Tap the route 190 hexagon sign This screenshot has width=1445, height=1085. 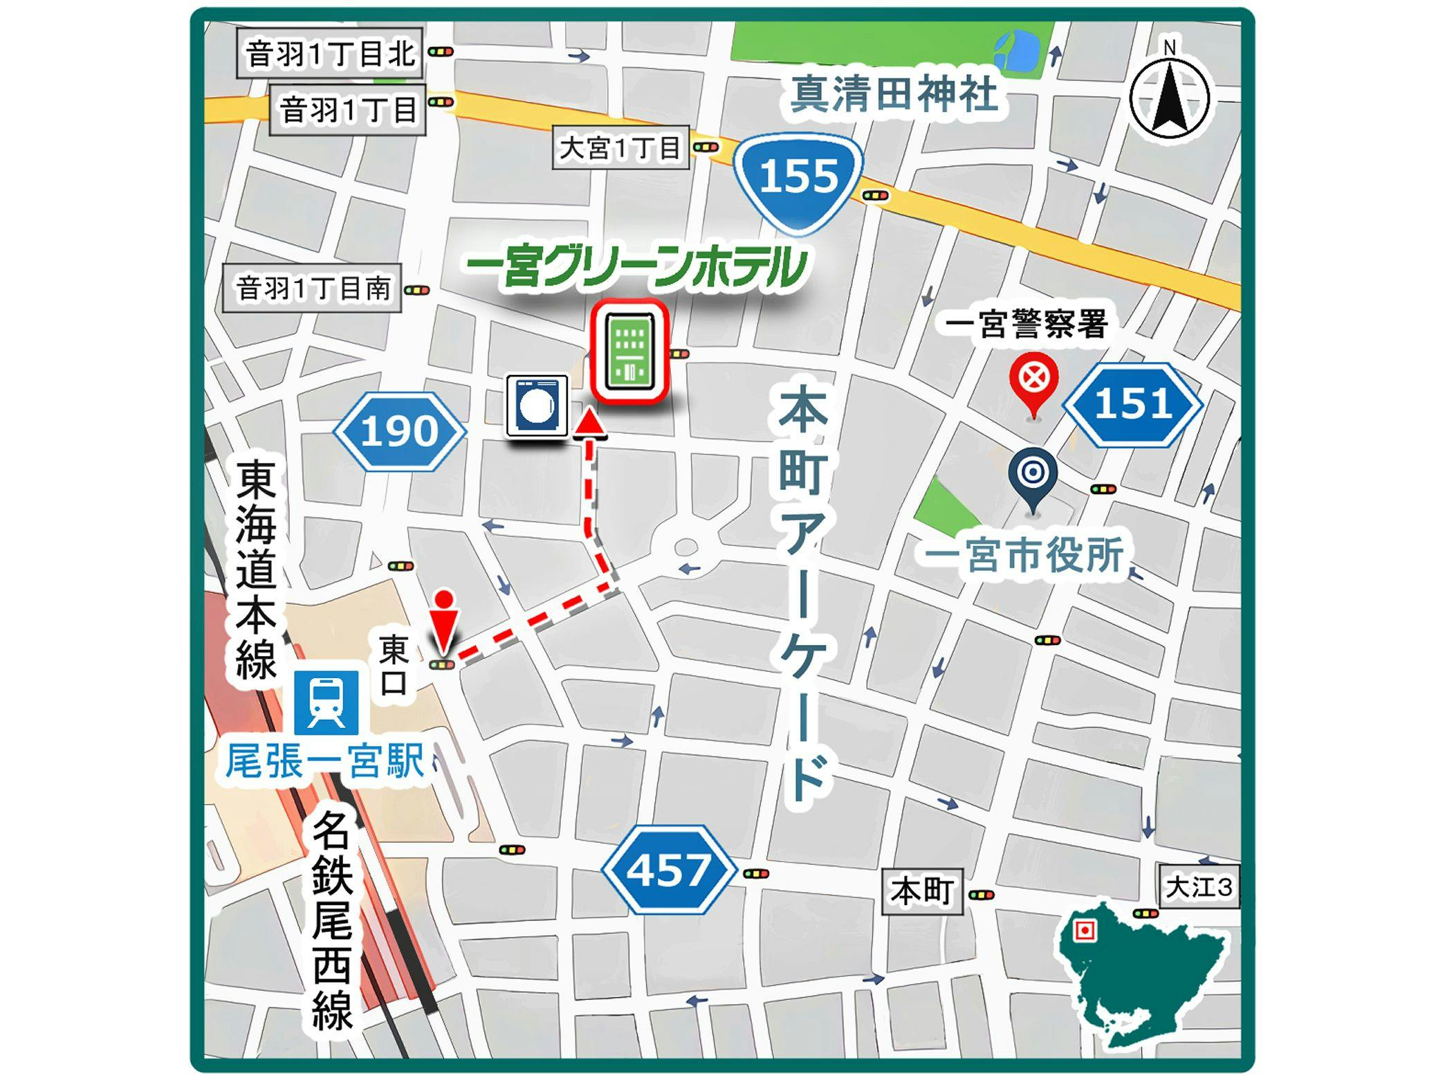pyautogui.click(x=400, y=432)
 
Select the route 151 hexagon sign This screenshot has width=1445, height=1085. pyautogui.click(x=1132, y=404)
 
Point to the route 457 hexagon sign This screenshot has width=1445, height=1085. pyautogui.click(x=668, y=869)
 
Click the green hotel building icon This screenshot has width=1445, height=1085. pyautogui.click(x=629, y=351)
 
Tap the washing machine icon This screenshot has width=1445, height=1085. pyautogui.click(x=537, y=405)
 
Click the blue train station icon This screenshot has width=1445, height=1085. pyautogui.click(x=326, y=702)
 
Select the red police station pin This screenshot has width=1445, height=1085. pyautogui.click(x=1033, y=382)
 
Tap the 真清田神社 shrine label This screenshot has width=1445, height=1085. pyautogui.click(x=894, y=94)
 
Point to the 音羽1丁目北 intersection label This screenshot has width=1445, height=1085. pyautogui.click(x=330, y=53)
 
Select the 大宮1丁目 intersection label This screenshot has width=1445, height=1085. pyautogui.click(x=620, y=147)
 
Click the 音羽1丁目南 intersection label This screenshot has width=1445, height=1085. pyautogui.click(x=312, y=289)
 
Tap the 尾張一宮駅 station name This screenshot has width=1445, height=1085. pyautogui.click(x=325, y=761)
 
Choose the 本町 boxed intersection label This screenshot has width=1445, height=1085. pyautogui.click(x=922, y=891)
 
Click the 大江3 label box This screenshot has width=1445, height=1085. pyautogui.click(x=1199, y=886)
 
